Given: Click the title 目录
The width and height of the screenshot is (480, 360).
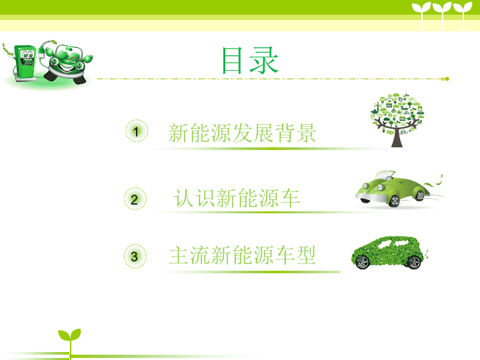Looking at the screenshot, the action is (250, 60).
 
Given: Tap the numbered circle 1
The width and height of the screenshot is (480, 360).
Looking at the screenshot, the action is (137, 131).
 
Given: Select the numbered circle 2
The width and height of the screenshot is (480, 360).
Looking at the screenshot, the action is (135, 199).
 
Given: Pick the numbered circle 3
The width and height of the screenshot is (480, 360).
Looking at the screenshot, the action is (135, 256).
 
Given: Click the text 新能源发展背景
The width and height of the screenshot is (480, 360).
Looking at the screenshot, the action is (242, 133).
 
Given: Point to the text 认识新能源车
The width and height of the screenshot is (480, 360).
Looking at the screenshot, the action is (237, 199).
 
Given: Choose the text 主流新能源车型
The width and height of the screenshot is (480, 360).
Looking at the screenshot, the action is (242, 255).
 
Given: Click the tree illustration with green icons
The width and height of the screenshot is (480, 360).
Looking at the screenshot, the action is (397, 120).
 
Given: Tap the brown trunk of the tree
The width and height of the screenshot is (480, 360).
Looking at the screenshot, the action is (397, 138).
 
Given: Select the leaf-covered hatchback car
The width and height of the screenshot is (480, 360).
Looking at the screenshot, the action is (388, 253).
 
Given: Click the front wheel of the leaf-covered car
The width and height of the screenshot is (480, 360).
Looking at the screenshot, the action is (363, 263).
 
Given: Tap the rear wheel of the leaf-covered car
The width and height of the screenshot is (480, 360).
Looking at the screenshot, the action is (414, 263).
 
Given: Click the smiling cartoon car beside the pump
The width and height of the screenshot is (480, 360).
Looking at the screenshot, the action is (67, 63).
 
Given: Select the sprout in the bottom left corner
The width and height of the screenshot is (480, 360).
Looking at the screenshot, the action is (70, 342).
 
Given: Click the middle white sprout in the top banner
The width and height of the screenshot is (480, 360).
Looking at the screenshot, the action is (442, 15).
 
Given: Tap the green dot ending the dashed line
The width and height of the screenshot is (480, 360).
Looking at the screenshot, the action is (447, 79).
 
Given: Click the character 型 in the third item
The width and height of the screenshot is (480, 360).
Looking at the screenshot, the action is (305, 255).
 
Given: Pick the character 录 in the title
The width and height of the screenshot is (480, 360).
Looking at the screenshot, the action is (264, 60).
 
